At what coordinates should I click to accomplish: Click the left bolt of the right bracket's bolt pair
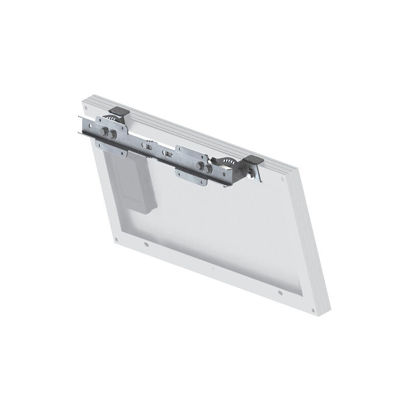[x=201, y=166]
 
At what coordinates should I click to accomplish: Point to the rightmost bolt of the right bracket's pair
[x=209, y=168]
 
